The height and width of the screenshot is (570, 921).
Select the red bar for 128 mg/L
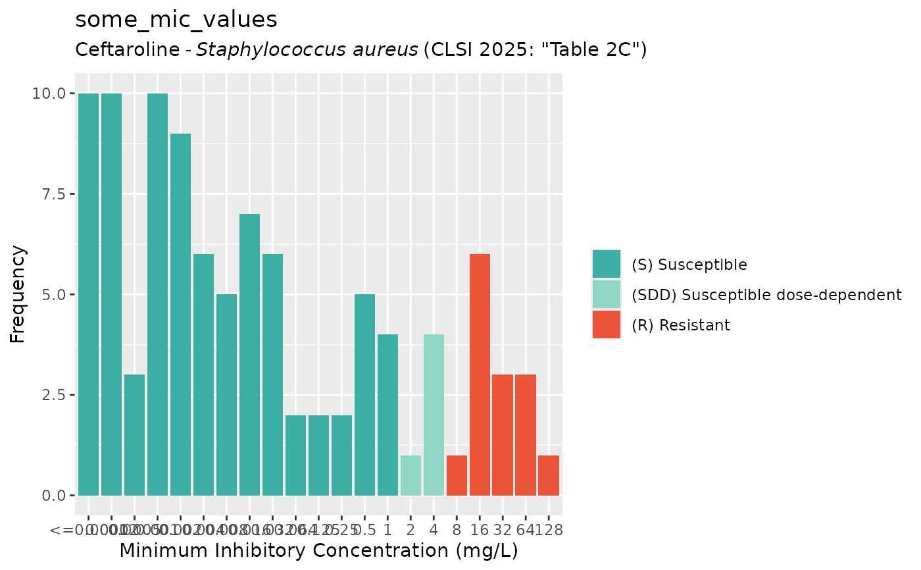(549, 475)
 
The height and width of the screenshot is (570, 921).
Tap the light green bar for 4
(434, 415)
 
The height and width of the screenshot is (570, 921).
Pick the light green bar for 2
(411, 475)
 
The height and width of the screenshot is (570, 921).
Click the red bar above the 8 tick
(457, 475)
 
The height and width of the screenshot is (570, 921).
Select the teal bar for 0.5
(364, 395)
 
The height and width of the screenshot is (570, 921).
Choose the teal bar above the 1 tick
(387, 415)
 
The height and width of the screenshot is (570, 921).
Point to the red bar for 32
(503, 434)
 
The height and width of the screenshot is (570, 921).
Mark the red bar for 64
(526, 434)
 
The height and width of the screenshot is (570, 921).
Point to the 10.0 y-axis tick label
(50, 93)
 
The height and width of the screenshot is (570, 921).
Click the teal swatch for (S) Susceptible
(606, 264)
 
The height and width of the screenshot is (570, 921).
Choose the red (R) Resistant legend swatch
(606, 324)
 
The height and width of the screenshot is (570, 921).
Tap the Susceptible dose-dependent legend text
(766, 294)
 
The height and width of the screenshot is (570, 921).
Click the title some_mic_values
(176, 20)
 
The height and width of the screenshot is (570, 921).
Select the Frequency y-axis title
(18, 294)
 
